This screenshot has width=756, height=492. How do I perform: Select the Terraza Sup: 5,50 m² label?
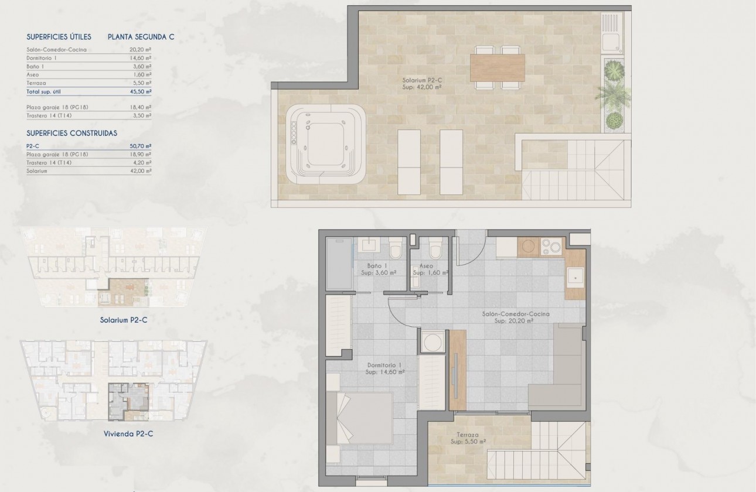pyautogui.click(x=469, y=439)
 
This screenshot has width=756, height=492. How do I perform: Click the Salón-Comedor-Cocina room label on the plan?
pyautogui.click(x=516, y=317)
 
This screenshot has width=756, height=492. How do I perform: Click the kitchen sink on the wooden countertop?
pyautogui.click(x=575, y=276)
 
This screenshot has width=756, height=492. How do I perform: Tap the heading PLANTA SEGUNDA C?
pyautogui.click(x=141, y=37)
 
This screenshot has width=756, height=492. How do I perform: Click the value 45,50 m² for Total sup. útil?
pyautogui.click(x=141, y=92)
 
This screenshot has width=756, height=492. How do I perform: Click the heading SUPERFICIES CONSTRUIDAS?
pyautogui.click(x=72, y=134)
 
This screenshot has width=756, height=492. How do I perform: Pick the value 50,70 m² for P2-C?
pyautogui.click(x=141, y=146)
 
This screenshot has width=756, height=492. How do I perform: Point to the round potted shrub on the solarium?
pyautogui.click(x=614, y=121)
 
